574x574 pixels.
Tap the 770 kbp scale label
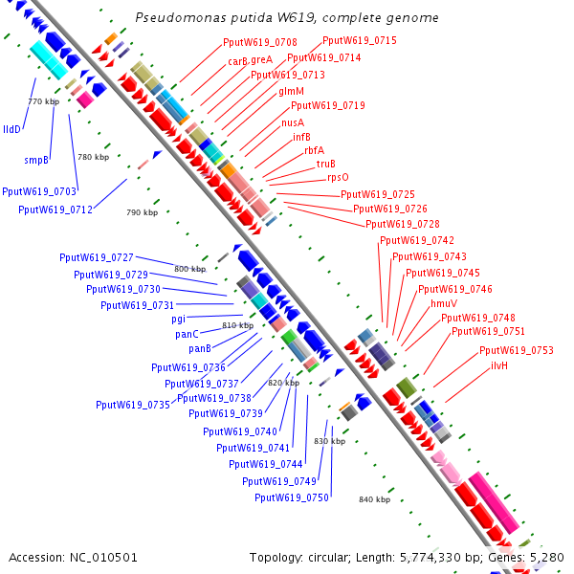[x=44, y=101]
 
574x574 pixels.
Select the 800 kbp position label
[x=190, y=269]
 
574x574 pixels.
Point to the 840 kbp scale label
[x=374, y=499]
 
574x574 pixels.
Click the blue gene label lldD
[x=11, y=129]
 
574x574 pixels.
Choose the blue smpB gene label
[x=36, y=161]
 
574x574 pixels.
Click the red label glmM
[x=292, y=91]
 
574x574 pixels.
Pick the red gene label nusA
[x=293, y=122]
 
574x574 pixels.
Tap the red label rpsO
[x=338, y=178]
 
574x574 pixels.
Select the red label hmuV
[x=444, y=303]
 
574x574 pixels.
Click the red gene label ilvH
[x=499, y=365]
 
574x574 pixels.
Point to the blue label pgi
[x=179, y=320]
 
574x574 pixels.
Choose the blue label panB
[x=200, y=349]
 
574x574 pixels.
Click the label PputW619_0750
[x=292, y=497]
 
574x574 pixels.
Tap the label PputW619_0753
[x=517, y=351]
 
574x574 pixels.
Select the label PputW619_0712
[x=55, y=210]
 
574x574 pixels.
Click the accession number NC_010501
[x=103, y=558]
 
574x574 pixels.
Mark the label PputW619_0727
[x=97, y=257]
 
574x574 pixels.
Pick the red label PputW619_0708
[x=260, y=42]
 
